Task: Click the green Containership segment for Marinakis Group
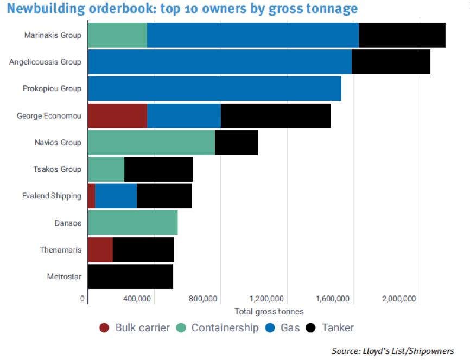[x=117, y=35]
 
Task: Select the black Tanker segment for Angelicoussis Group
[x=391, y=62]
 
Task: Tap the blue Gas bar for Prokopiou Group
[x=214, y=88]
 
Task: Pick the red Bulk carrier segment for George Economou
[x=117, y=115]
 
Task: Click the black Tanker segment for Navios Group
[x=236, y=142]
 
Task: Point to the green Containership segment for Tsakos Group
[x=106, y=169]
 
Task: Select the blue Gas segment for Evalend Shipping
[x=116, y=196]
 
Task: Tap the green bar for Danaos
[x=132, y=222]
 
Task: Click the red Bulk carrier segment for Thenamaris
[x=100, y=249]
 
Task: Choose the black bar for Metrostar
[x=130, y=276]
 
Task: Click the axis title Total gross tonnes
[x=269, y=312]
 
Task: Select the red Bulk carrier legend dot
[x=104, y=328]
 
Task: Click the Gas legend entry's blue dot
[x=271, y=328]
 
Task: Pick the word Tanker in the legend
[x=338, y=328]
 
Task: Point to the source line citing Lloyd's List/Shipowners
[x=392, y=351]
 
